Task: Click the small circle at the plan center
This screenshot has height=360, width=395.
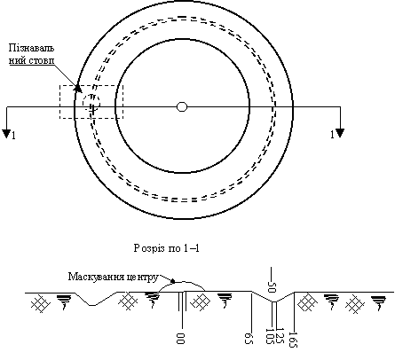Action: point(182,106)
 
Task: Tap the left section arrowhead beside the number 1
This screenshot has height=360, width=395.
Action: point(6,134)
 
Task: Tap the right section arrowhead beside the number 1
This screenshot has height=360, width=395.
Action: point(340,133)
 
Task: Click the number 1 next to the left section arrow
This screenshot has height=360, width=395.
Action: point(13,136)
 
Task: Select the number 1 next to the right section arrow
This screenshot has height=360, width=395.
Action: point(332,135)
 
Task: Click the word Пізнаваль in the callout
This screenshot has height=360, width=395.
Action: point(31,48)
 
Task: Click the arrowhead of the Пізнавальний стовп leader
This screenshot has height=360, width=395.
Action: point(77,88)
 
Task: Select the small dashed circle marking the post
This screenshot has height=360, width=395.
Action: point(91,103)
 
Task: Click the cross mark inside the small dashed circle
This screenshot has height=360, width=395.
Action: point(92,109)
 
